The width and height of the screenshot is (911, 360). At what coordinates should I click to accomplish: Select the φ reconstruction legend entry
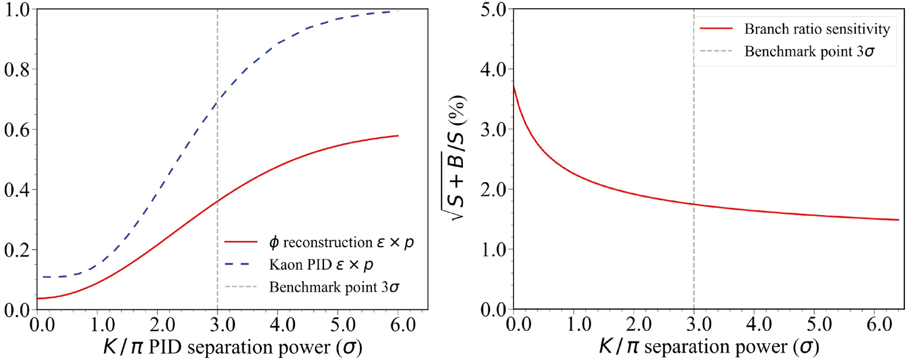click(x=341, y=242)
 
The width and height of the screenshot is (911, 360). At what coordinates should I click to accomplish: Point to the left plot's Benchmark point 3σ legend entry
click(x=334, y=287)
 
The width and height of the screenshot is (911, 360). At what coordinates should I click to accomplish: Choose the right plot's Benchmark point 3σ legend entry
click(x=810, y=51)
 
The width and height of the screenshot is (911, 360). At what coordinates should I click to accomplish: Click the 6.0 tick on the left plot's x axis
click(x=398, y=325)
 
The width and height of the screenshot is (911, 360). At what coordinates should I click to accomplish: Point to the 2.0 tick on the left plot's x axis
click(x=157, y=325)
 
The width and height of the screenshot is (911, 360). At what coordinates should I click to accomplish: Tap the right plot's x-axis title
click(x=709, y=347)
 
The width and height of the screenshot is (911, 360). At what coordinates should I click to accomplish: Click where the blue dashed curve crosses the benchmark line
click(x=217, y=103)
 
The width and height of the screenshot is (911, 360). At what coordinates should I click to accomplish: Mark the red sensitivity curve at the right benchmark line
click(x=694, y=204)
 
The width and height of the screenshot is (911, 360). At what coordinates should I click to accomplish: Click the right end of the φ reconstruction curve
click(x=398, y=136)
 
